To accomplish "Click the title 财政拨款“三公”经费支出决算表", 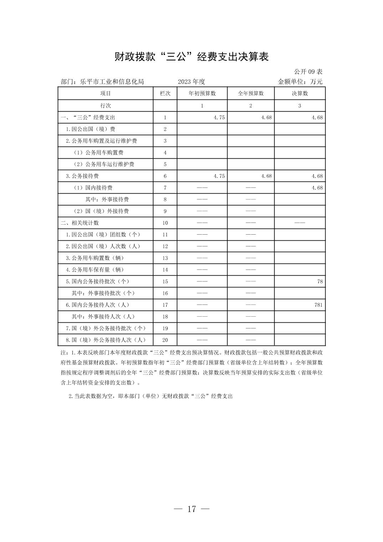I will [x=191, y=57].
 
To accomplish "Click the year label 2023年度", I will [x=191, y=82].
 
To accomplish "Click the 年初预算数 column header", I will [x=202, y=93].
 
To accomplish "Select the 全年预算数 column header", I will [x=251, y=93].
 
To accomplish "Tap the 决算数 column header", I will [x=300, y=93].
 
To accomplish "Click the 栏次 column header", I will [x=165, y=93].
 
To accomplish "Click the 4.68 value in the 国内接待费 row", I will [x=317, y=188].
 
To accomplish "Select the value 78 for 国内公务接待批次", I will [x=320, y=281].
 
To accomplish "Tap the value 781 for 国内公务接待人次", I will [x=318, y=305].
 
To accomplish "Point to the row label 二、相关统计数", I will [x=80, y=223].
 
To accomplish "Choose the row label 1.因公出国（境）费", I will [x=91, y=129].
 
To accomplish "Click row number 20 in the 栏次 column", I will [x=165, y=340].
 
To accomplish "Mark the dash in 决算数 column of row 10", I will [x=300, y=223].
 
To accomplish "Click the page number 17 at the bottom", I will [x=191, y=509].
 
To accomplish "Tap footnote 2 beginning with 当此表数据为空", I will [x=150, y=396].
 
